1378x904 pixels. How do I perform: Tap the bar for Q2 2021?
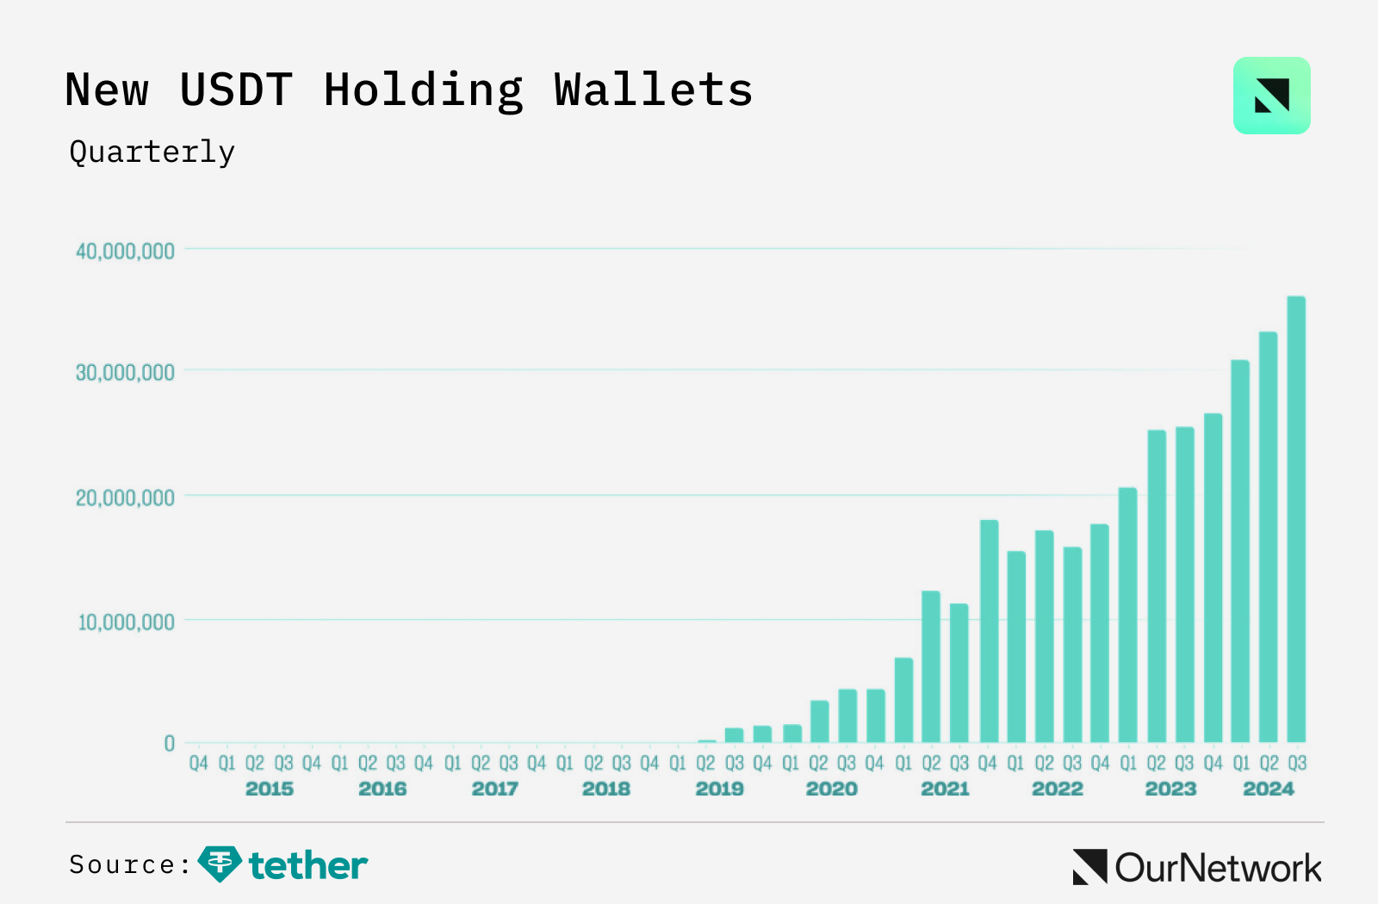(x=931, y=666)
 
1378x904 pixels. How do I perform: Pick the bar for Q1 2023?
(x=1127, y=615)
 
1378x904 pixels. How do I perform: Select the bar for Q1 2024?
(x=1240, y=551)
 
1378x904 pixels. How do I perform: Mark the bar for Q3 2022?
(x=1072, y=645)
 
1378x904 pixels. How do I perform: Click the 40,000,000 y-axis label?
(x=125, y=251)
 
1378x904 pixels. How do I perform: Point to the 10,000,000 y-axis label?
(x=126, y=622)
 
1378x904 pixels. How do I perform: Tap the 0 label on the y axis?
(x=169, y=744)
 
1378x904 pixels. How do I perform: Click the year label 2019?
(x=719, y=789)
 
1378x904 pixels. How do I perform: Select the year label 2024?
(x=1268, y=789)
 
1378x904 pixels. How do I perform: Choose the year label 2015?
(x=269, y=789)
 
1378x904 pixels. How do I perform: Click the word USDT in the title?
(x=236, y=90)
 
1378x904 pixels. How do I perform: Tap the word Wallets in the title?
(x=653, y=90)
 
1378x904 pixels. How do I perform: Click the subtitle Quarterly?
(x=152, y=152)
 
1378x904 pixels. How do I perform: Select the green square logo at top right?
(x=1271, y=96)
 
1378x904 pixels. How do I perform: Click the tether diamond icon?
(x=219, y=864)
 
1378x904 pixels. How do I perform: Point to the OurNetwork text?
(x=1217, y=868)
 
